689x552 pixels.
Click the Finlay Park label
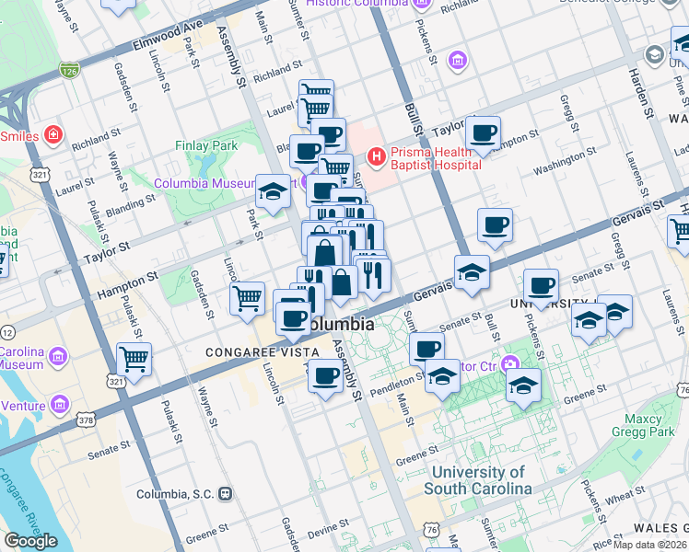point(206,145)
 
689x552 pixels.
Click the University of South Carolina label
point(478,480)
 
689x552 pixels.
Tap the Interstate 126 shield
point(69,67)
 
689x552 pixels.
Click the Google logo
point(29,541)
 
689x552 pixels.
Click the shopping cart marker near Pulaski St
point(134,359)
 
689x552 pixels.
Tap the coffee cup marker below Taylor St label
point(483,132)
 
